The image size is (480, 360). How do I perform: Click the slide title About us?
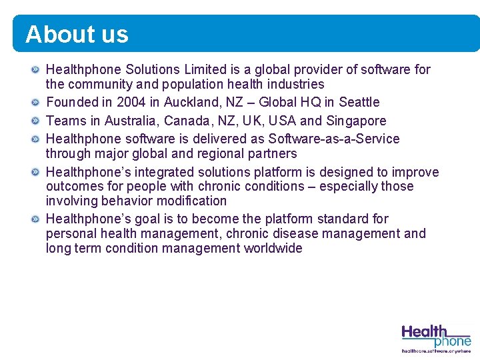pos(77,34)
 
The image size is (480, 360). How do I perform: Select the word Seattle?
pos(359,102)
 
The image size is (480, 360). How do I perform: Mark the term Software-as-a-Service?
pos(334,139)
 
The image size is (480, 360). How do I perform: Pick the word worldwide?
pos(273,248)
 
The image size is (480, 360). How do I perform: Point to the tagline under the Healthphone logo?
pos(436,350)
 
